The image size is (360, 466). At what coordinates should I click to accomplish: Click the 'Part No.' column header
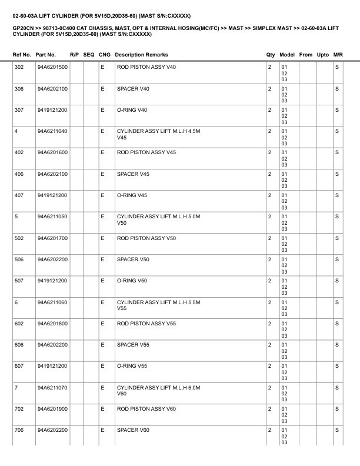pyautogui.click(x=46, y=55)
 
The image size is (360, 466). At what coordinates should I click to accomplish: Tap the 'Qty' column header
pyautogui.click(x=271, y=55)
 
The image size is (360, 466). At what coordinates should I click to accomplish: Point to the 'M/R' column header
pyautogui.click(x=338, y=55)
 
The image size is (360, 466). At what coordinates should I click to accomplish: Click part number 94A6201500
pyautogui.click(x=52, y=67)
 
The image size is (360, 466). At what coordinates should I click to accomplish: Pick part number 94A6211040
pyautogui.click(x=52, y=131)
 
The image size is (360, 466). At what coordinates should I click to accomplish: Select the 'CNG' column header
pyautogui.click(x=105, y=55)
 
